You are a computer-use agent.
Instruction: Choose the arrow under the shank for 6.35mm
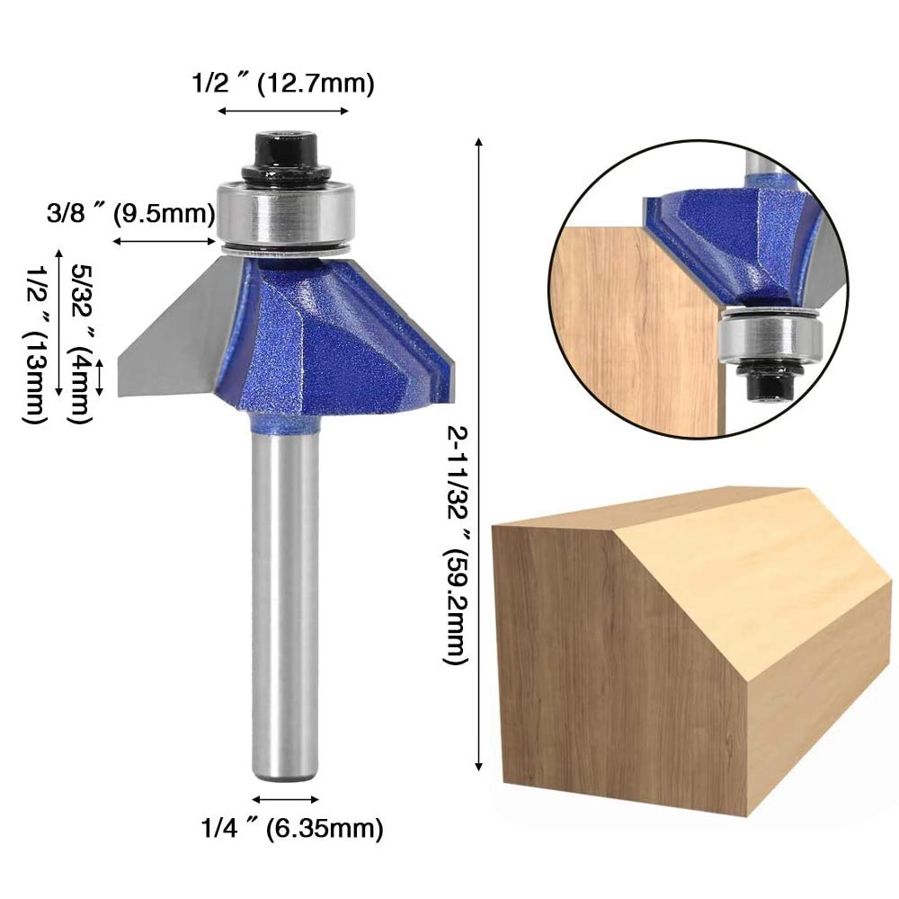pos(285,798)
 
